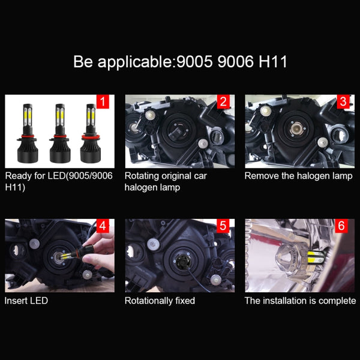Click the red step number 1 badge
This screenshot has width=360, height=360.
click(102, 101)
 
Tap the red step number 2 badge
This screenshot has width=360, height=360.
click(223, 101)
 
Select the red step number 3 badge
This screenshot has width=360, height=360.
click(343, 101)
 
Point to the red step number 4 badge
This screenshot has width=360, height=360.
click(102, 226)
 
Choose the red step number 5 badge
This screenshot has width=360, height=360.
click(223, 226)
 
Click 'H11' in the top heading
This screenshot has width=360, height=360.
click(274, 62)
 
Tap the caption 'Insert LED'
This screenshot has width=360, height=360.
click(26, 300)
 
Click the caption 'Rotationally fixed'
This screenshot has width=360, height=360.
click(160, 300)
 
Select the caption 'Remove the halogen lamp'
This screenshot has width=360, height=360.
click(298, 176)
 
